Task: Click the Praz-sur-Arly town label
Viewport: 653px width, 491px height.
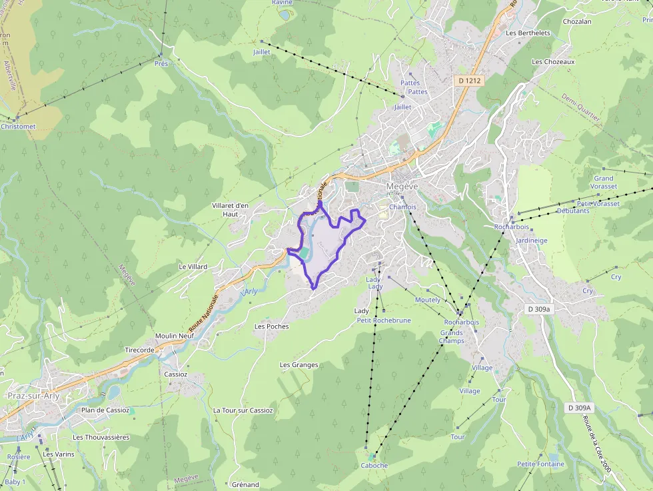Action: click(x=35, y=395)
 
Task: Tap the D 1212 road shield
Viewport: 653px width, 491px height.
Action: click(x=470, y=80)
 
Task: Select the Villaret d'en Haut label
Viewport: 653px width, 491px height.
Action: click(x=230, y=210)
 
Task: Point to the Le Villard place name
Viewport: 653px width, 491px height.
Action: click(x=193, y=266)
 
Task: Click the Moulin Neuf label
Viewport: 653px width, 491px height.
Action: click(x=174, y=336)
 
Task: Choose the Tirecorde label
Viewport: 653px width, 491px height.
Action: click(x=140, y=350)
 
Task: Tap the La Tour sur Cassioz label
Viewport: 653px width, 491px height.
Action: click(x=243, y=410)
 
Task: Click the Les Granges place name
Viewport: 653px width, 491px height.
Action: click(x=299, y=365)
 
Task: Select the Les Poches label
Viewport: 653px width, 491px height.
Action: click(x=272, y=326)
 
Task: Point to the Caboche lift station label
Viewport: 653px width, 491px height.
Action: click(x=374, y=466)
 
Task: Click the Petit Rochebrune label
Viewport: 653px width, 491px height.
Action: click(x=384, y=320)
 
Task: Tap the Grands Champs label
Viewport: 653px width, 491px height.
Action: click(x=451, y=336)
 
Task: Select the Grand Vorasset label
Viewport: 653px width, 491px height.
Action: click(x=604, y=183)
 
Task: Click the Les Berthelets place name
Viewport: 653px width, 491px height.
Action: click(x=528, y=33)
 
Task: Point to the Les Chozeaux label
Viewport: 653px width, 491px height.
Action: click(x=553, y=61)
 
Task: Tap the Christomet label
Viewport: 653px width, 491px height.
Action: click(x=18, y=127)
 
